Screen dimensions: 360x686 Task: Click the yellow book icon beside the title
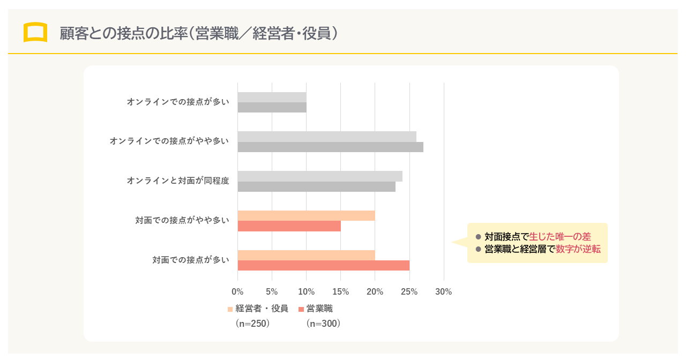[35, 33]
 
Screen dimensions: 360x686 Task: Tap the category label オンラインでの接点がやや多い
[169, 141]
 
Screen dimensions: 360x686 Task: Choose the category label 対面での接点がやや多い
[182, 220]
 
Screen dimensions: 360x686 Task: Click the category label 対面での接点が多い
[191, 260]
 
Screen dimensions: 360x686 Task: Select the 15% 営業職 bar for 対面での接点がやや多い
[289, 226]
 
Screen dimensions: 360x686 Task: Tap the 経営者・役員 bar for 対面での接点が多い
[306, 255]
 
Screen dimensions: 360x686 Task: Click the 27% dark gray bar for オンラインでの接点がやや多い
[330, 147]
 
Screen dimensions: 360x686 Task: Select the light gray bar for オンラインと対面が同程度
[319, 176]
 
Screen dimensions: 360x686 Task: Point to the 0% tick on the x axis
[237, 292]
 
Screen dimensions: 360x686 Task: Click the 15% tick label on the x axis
[341, 292]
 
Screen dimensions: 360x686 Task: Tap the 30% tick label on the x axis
[444, 292]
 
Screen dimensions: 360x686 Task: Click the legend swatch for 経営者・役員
[230, 309]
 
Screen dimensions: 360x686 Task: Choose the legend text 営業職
[319, 309]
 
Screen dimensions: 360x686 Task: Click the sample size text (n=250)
[252, 324]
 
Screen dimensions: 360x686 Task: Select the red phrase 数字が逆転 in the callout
[578, 249]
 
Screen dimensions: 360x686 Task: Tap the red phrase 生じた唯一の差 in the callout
[560, 237]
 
